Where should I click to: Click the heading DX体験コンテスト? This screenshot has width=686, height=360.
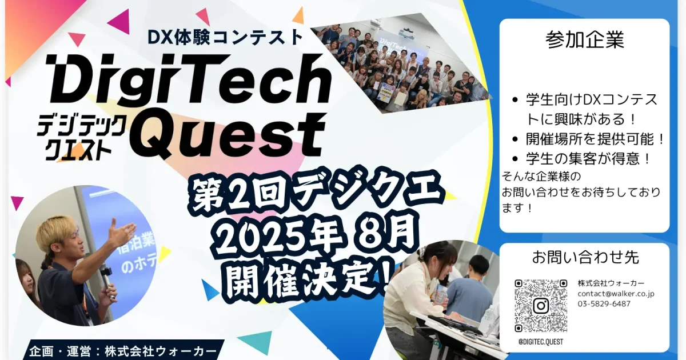pos(225,37)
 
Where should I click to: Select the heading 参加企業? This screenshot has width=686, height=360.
pos(584,39)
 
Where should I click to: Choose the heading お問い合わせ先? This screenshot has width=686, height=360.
pos(585,258)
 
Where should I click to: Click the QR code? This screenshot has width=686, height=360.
pos(541,306)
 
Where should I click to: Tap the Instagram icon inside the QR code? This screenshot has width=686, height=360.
pos(541,306)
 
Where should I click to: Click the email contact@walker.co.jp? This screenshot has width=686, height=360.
pos(616,294)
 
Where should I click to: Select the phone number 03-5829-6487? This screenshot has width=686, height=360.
pos(604,304)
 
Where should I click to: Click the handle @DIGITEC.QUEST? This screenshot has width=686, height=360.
pos(540,342)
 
